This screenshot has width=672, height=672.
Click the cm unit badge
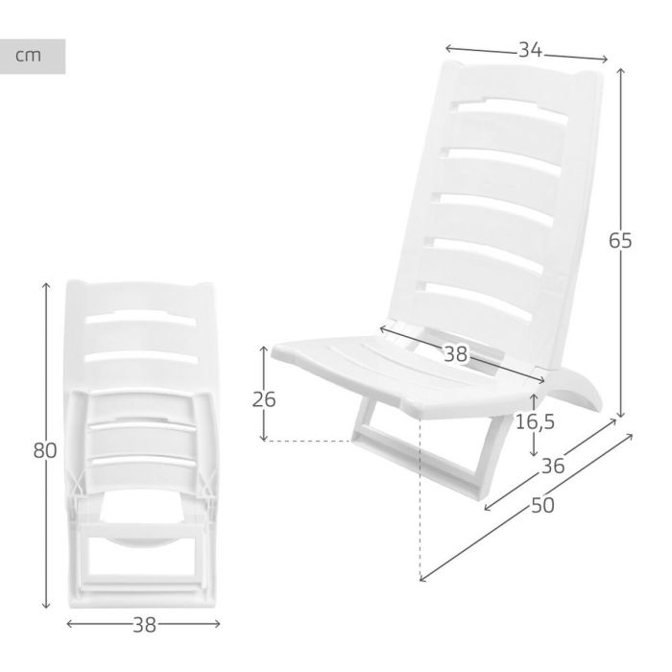coord(33,57)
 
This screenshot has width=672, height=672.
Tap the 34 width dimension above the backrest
coord(526,51)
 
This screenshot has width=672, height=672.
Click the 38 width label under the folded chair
coord(144,625)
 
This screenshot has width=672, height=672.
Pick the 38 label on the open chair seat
coord(455,354)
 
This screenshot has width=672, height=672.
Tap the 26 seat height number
coord(262,398)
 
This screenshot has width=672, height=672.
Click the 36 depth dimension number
coord(552,467)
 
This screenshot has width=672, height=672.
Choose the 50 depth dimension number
coord(542,506)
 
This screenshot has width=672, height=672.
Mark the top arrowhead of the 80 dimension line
coord(46,286)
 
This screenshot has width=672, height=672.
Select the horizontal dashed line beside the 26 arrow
coord(307,441)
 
